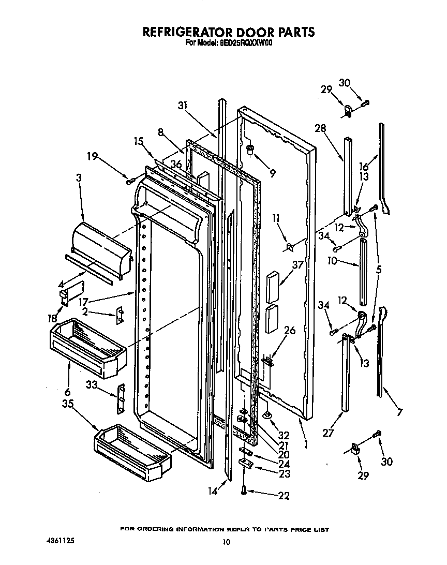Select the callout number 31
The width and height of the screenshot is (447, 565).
[182, 106]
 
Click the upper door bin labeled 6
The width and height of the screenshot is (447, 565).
[88, 346]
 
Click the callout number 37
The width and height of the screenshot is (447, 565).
[297, 266]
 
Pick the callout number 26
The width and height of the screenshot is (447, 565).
[290, 330]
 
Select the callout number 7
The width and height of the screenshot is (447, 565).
[398, 412]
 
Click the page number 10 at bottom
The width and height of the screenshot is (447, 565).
[226, 542]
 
